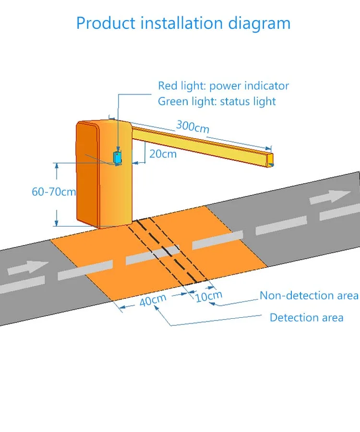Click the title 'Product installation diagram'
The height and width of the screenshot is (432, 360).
click(183, 23)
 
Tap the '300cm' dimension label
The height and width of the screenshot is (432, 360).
click(192, 127)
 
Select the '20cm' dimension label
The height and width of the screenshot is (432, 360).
click(163, 154)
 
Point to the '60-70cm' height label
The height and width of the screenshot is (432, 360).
click(54, 192)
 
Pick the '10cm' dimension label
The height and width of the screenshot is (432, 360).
click(209, 296)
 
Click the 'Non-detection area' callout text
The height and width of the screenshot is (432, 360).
click(309, 295)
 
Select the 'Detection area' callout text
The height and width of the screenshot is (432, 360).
click(306, 317)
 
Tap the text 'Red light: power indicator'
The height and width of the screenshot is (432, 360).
click(224, 86)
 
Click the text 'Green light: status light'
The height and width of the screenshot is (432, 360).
click(217, 101)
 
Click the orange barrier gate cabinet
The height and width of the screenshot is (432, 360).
click(103, 173)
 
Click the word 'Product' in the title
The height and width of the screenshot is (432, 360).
click(102, 23)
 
